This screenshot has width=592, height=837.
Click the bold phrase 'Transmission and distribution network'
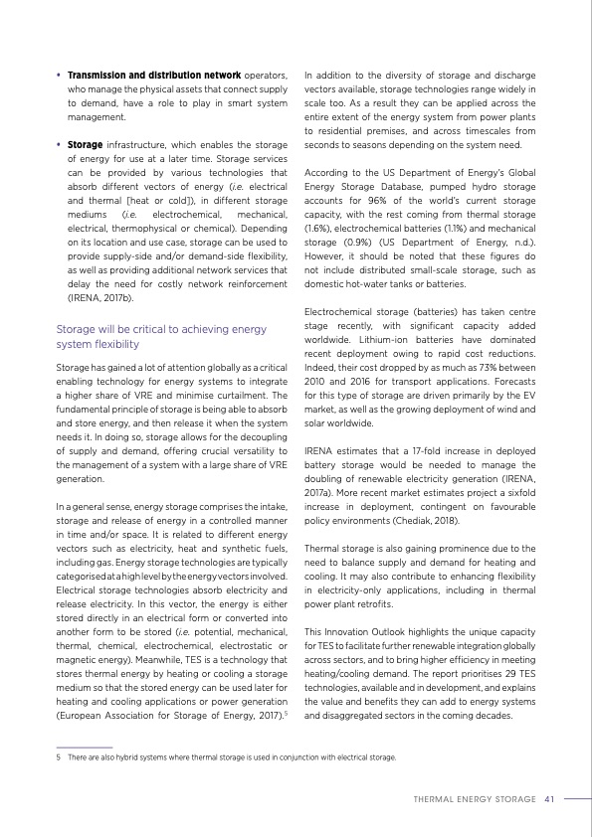(x=153, y=75)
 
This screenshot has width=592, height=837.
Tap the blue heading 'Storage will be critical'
(x=161, y=329)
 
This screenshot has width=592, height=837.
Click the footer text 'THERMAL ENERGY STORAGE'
(x=475, y=797)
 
